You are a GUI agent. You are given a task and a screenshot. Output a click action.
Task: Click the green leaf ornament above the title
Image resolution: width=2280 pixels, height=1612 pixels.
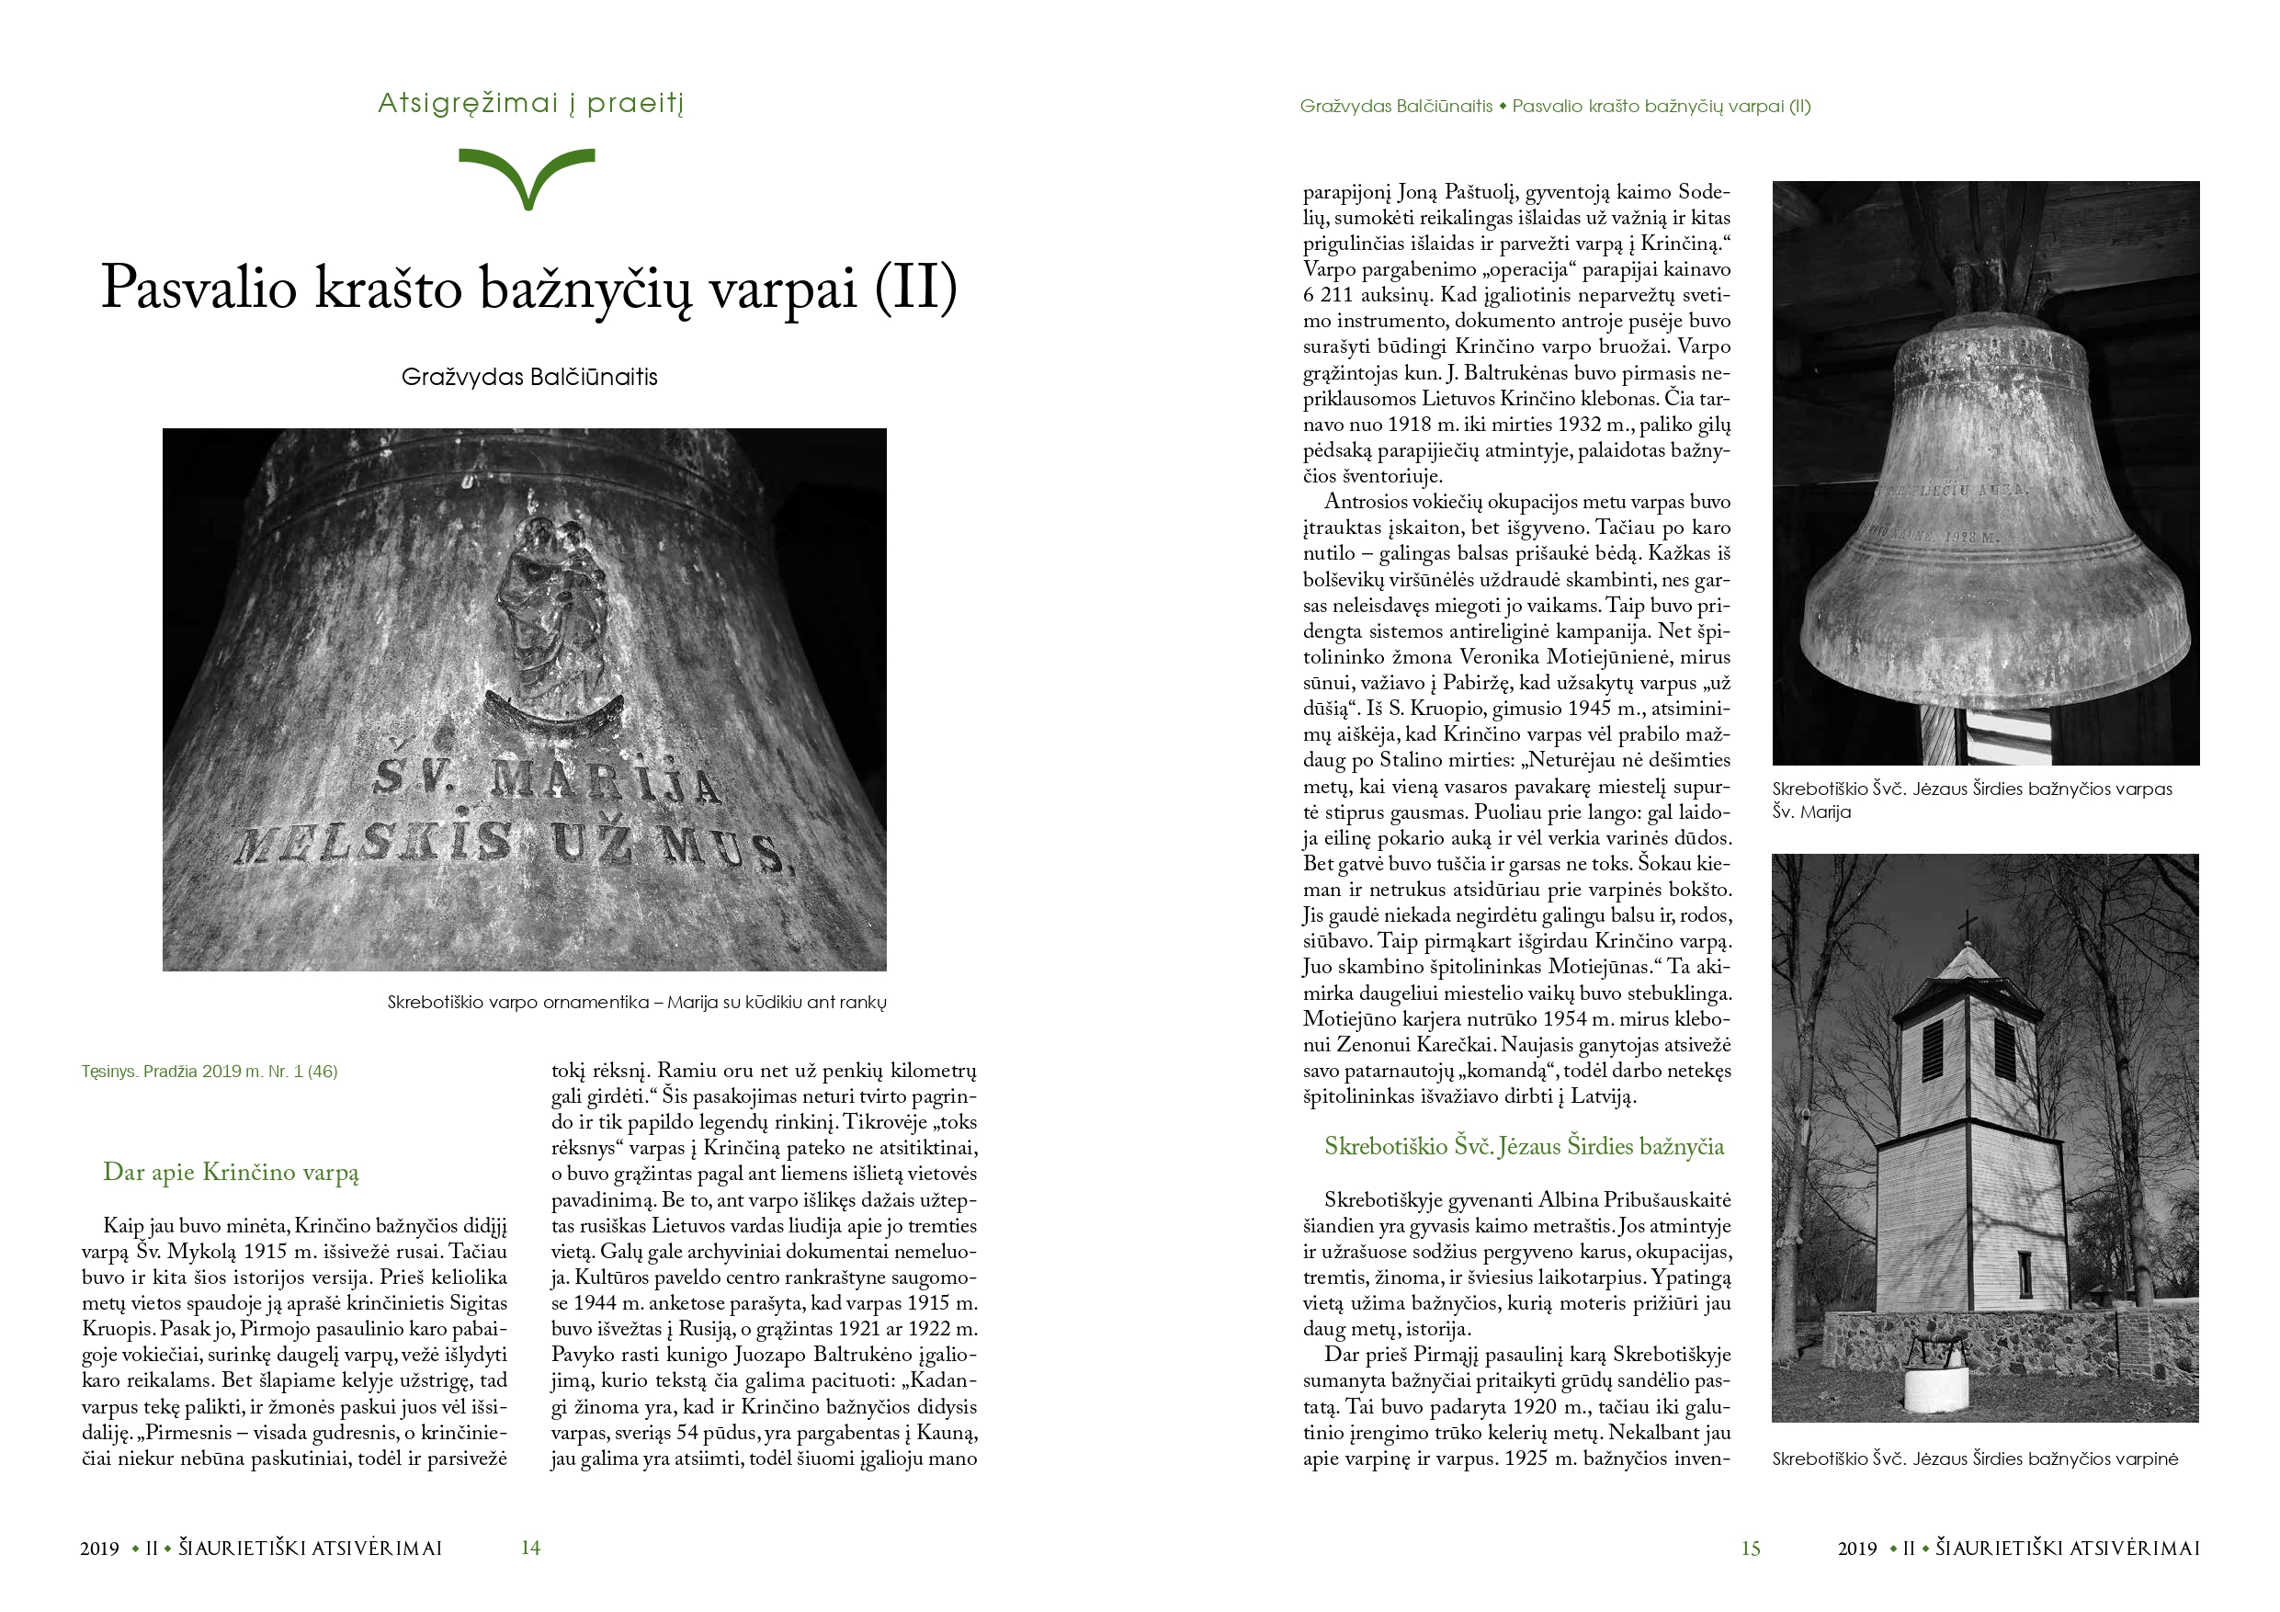coord(527,175)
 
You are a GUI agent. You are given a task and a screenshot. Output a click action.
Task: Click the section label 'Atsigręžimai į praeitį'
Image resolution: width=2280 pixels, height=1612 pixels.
coord(530,103)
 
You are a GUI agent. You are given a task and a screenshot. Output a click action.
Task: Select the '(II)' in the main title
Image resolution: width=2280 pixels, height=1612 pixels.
coord(915,288)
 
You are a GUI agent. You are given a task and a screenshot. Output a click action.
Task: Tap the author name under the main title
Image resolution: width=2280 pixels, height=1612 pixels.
coord(529,378)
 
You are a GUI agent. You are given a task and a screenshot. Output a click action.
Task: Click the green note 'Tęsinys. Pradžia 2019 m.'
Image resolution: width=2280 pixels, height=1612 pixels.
coord(210,1072)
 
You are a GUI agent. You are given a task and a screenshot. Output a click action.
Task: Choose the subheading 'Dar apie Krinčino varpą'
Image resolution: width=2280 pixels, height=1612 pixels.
coord(231,1172)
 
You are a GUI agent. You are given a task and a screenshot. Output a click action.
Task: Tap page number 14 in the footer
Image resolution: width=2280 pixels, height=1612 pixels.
coord(530,1548)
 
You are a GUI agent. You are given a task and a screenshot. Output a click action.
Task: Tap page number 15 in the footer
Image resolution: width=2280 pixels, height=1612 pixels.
coord(1750,1549)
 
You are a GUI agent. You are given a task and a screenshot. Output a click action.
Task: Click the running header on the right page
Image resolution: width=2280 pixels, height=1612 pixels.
coord(1554,107)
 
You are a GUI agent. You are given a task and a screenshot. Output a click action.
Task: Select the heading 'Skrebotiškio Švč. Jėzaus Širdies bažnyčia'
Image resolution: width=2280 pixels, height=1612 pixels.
coord(1524,1146)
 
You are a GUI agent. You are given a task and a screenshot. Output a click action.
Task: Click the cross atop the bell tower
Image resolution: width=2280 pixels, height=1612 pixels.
coord(1967,925)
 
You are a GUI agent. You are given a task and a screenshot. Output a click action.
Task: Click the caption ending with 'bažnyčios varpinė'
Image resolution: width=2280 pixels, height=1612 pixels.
coord(1974,1459)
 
